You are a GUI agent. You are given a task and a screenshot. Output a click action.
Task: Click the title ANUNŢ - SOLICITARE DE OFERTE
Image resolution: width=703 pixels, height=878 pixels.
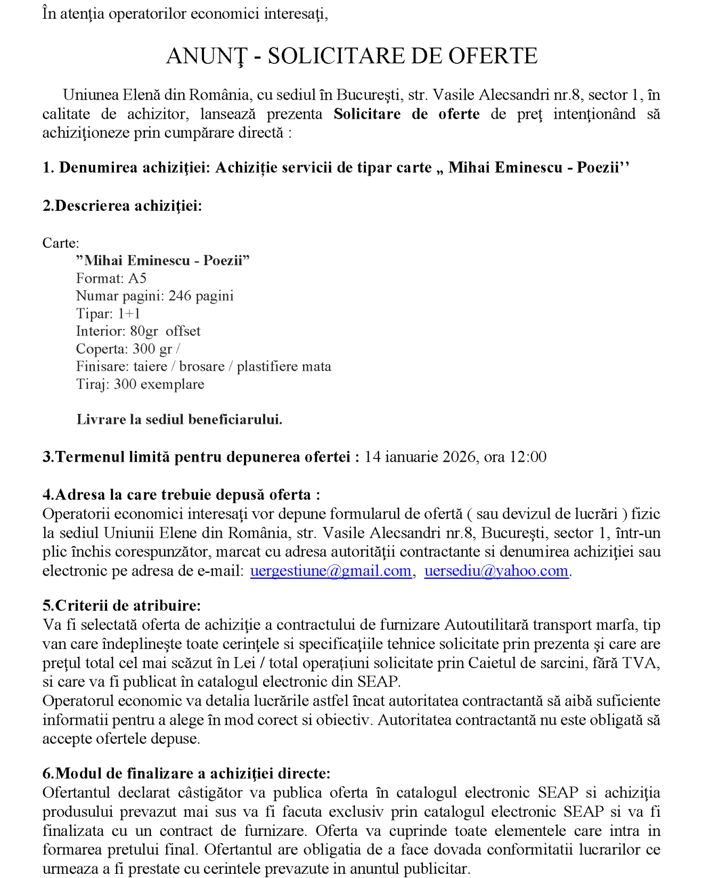[351, 56]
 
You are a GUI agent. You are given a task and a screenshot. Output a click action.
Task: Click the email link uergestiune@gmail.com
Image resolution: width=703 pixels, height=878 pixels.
[330, 571]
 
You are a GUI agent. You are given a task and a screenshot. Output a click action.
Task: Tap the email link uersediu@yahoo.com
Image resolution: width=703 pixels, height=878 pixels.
[496, 571]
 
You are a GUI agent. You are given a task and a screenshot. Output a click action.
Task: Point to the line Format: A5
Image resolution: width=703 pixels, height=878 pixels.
[111, 278]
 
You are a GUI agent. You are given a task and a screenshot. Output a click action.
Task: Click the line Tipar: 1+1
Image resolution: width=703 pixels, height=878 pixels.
[108, 314]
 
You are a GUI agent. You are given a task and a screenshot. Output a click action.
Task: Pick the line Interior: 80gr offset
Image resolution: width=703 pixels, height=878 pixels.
[138, 331]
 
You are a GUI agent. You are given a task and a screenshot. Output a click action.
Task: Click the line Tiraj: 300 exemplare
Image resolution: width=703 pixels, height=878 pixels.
[140, 384]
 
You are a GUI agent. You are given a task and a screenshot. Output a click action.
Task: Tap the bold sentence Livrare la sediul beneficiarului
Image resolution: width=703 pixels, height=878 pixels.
[179, 420]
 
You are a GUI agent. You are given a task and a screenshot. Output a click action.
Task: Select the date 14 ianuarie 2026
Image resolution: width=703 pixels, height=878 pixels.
[420, 457]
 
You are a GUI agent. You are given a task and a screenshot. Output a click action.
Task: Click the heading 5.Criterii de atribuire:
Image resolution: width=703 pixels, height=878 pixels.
[121, 605]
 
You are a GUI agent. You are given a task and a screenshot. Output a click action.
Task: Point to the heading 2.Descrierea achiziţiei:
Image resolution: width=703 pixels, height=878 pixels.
[122, 206]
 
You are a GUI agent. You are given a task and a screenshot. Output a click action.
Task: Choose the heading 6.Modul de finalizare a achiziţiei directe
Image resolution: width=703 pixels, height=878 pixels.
[186, 773]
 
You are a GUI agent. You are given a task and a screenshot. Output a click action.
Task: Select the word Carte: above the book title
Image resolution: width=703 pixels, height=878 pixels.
[61, 243]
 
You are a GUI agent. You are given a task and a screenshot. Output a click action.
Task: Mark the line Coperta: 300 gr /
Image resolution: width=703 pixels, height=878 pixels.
[128, 349]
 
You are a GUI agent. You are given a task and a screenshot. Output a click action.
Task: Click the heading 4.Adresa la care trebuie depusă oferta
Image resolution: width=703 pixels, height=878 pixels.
[181, 495]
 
